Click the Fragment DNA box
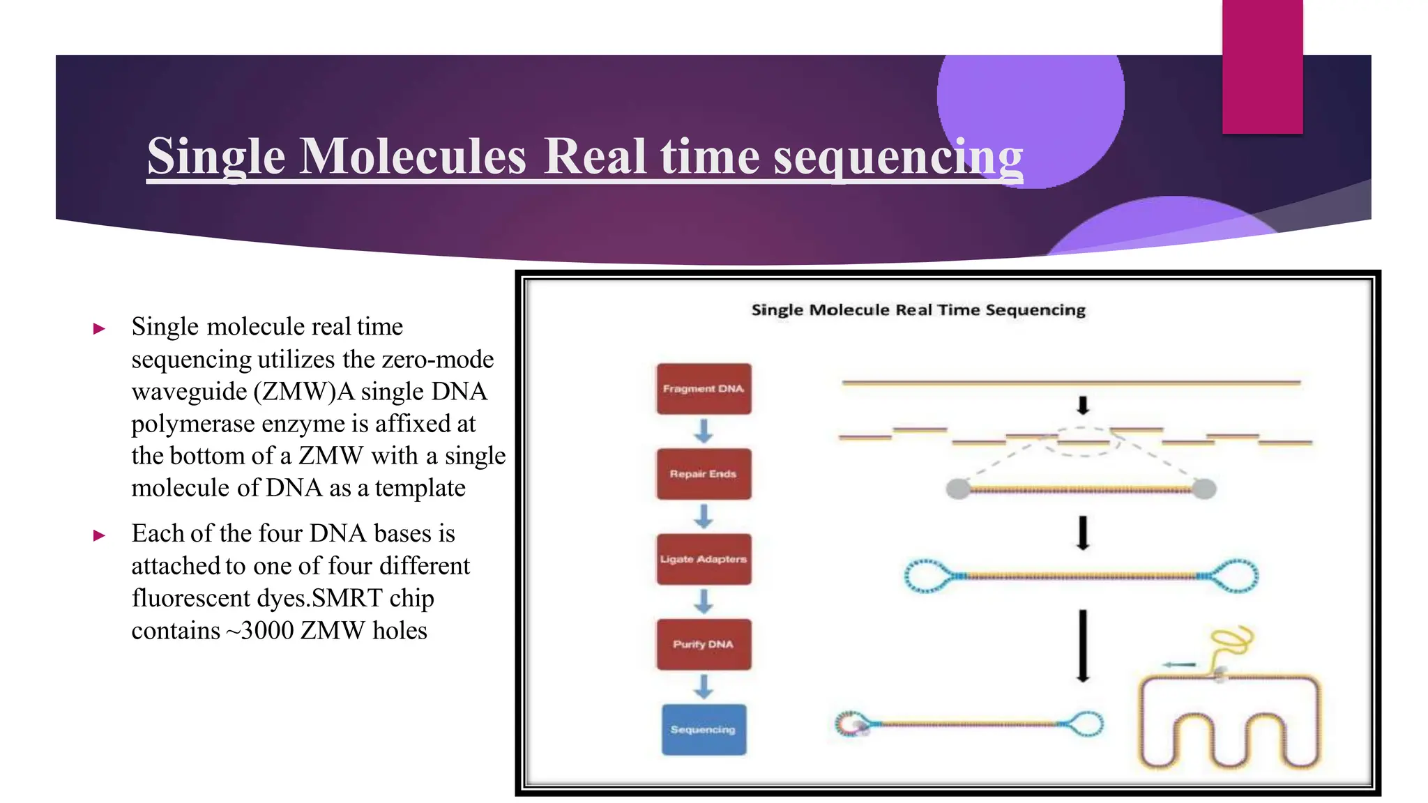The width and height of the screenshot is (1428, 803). point(704,388)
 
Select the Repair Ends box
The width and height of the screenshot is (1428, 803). point(704,474)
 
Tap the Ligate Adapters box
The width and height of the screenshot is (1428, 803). point(704,559)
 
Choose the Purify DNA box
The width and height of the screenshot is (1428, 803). point(704,644)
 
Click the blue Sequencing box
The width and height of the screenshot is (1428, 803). point(704,729)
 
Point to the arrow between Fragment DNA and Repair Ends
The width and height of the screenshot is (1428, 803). point(704,431)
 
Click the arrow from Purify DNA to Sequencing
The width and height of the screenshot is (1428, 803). point(704,687)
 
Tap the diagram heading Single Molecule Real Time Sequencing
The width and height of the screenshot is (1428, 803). point(918,309)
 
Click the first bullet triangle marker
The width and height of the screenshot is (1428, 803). point(100,328)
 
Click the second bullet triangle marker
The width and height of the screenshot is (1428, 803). point(100,535)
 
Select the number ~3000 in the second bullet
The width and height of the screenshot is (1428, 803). point(259,630)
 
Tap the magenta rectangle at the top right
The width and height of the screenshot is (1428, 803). point(1262,66)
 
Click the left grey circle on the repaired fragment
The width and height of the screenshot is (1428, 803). point(958,489)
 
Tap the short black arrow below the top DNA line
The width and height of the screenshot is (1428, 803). point(1082,405)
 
